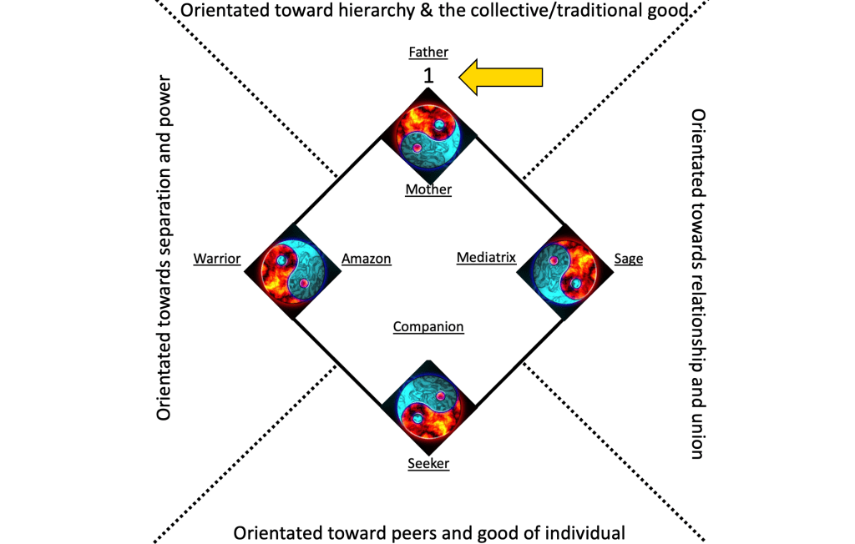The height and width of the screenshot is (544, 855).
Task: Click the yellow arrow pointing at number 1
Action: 501,77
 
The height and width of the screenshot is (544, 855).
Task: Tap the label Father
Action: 428,52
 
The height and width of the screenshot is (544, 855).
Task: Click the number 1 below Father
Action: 428,75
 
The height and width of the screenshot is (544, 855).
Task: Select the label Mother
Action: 428,189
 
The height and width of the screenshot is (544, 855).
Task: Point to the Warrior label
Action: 217,259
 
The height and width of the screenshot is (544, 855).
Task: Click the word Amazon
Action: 366,259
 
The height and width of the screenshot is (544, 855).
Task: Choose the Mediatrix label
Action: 486,258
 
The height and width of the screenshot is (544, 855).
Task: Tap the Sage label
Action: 628,259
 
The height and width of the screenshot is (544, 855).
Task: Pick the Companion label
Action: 428,326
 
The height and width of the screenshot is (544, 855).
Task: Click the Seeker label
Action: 428,464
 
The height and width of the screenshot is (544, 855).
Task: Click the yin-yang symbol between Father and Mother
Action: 428,133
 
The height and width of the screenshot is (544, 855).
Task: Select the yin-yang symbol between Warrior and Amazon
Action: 291,271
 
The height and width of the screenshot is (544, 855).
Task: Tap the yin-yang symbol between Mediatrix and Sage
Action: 565,271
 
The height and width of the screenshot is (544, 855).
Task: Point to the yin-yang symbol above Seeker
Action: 428,408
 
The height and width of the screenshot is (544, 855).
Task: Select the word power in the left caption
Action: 164,107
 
